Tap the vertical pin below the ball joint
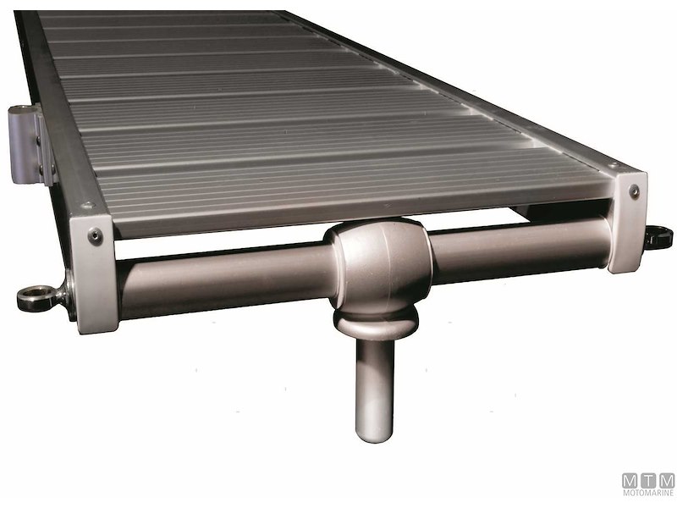click(x=373, y=381)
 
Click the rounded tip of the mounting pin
click(x=373, y=432)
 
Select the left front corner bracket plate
click(x=95, y=271)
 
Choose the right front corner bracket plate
click(x=628, y=222)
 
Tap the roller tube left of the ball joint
click(x=228, y=275)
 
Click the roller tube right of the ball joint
click(x=516, y=243)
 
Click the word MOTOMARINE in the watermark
click(x=648, y=493)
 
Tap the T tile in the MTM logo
click(x=648, y=480)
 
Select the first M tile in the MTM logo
click(x=630, y=480)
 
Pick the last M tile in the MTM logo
click(x=666, y=480)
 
